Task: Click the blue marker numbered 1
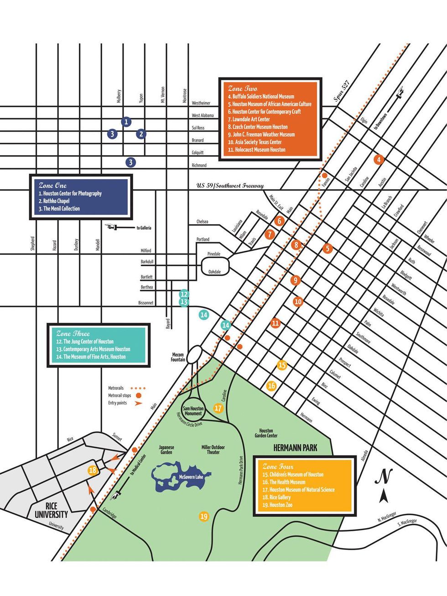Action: click(126, 122)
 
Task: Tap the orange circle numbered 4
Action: click(378, 160)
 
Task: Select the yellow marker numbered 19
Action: click(204, 517)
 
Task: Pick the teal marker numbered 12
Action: click(184, 294)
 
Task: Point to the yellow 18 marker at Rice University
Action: click(93, 471)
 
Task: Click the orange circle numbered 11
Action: click(275, 323)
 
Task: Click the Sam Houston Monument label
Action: click(193, 411)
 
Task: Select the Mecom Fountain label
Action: click(178, 357)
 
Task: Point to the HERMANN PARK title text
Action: click(295, 448)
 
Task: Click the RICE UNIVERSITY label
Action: click(51, 511)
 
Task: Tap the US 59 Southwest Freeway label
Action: click(230, 186)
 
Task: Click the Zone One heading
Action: click(52, 186)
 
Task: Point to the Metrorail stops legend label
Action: click(120, 395)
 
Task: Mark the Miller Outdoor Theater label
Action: click(213, 450)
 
